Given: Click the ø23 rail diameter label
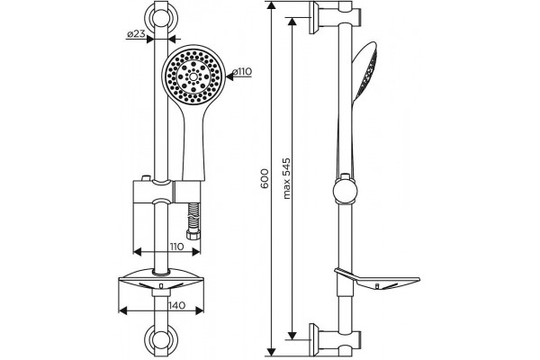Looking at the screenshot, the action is [135, 34].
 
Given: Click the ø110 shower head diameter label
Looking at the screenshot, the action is [242, 72].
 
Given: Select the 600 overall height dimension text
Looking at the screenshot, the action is [265, 178].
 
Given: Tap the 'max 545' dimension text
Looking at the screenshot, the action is [286, 178].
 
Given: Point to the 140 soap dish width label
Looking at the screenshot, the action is [177, 305].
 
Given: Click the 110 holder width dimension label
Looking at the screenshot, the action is [175, 247].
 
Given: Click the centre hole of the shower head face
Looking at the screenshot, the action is [193, 76].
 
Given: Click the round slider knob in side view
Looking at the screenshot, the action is [345, 191].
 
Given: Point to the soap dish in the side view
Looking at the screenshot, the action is [377, 279].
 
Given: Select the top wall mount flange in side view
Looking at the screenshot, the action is [313, 18].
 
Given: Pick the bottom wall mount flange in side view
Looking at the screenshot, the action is [313, 339].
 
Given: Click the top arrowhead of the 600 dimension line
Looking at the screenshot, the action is [272, 6].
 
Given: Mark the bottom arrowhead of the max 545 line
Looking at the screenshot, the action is [292, 334].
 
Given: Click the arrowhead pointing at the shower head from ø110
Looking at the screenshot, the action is [229, 77].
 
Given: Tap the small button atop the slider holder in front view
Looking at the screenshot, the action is [146, 178].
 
